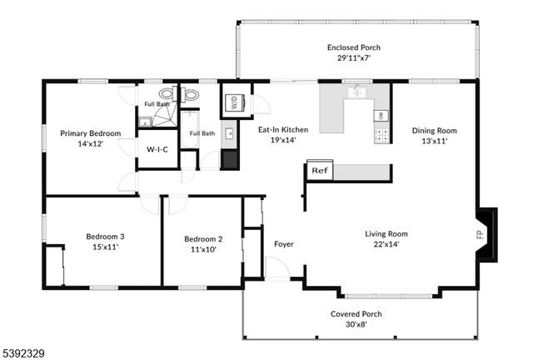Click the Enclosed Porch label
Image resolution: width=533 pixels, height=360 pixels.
(x=354, y=47)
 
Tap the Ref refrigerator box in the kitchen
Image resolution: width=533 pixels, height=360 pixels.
(x=319, y=170)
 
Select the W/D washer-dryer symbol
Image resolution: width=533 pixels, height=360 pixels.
(x=234, y=104)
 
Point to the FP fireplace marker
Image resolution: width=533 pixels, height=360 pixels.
(x=480, y=234)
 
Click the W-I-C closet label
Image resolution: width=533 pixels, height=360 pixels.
(x=157, y=150)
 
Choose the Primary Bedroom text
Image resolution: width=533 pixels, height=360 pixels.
(x=90, y=133)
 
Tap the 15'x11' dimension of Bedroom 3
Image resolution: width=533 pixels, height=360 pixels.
(x=102, y=247)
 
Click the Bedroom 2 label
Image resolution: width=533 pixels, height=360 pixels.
(x=203, y=239)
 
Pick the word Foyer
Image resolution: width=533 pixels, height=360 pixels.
(x=284, y=244)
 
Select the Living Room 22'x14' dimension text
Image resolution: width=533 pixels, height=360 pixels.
(x=386, y=245)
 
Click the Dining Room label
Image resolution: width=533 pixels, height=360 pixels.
(x=435, y=130)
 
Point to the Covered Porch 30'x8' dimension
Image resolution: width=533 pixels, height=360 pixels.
(x=356, y=324)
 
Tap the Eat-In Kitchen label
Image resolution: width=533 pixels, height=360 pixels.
(x=283, y=130)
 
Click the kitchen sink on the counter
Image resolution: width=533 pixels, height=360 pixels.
(x=359, y=92)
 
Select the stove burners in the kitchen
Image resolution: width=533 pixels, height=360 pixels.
(x=381, y=132)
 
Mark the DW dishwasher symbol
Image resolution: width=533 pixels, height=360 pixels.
(x=380, y=115)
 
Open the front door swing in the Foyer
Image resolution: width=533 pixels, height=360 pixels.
(x=276, y=269)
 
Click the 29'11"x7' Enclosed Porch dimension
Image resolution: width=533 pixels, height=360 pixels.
(x=354, y=58)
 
